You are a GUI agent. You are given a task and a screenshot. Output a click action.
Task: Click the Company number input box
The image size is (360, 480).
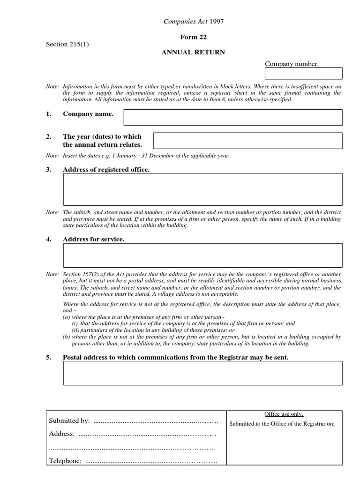pos(304,74)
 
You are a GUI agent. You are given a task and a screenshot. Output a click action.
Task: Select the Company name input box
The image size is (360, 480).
pos(232,118)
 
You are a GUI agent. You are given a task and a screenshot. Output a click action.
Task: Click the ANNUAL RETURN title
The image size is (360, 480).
pos(193,52)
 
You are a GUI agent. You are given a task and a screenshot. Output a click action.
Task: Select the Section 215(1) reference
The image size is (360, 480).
pos(67,45)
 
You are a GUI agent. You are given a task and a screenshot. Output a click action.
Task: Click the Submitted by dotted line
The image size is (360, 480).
pos(156,421)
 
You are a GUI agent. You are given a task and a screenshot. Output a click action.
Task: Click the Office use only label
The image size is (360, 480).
pos(284,414)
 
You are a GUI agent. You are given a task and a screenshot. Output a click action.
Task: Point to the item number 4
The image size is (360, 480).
pos(48,240)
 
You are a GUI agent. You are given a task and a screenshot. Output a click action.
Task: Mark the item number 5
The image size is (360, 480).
pos(48,358)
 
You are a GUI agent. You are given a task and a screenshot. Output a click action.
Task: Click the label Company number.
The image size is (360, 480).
pos(292,64)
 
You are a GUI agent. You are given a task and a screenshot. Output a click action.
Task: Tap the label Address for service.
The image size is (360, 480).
pos(94,240)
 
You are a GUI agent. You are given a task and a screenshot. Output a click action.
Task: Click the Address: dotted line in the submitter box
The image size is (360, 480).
pos(147,434)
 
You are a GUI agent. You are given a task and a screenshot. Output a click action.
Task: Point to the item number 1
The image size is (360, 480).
pos(48,114)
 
